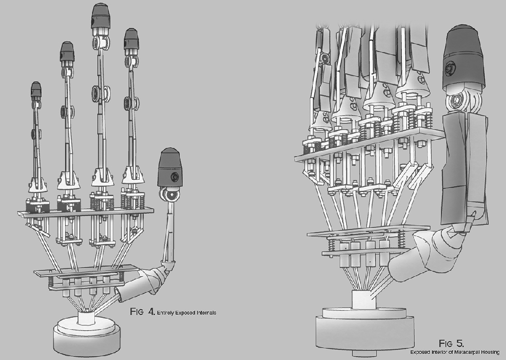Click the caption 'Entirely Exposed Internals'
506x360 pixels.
(x=186, y=313)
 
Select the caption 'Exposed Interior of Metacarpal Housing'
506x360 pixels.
(x=453, y=352)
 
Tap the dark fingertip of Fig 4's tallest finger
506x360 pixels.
(x=99, y=15)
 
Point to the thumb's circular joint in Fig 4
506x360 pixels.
(x=168, y=194)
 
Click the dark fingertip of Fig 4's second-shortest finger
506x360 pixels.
(x=67, y=52)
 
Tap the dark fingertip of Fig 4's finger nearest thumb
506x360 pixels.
(x=130, y=41)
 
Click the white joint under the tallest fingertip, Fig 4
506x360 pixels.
(x=99, y=41)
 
